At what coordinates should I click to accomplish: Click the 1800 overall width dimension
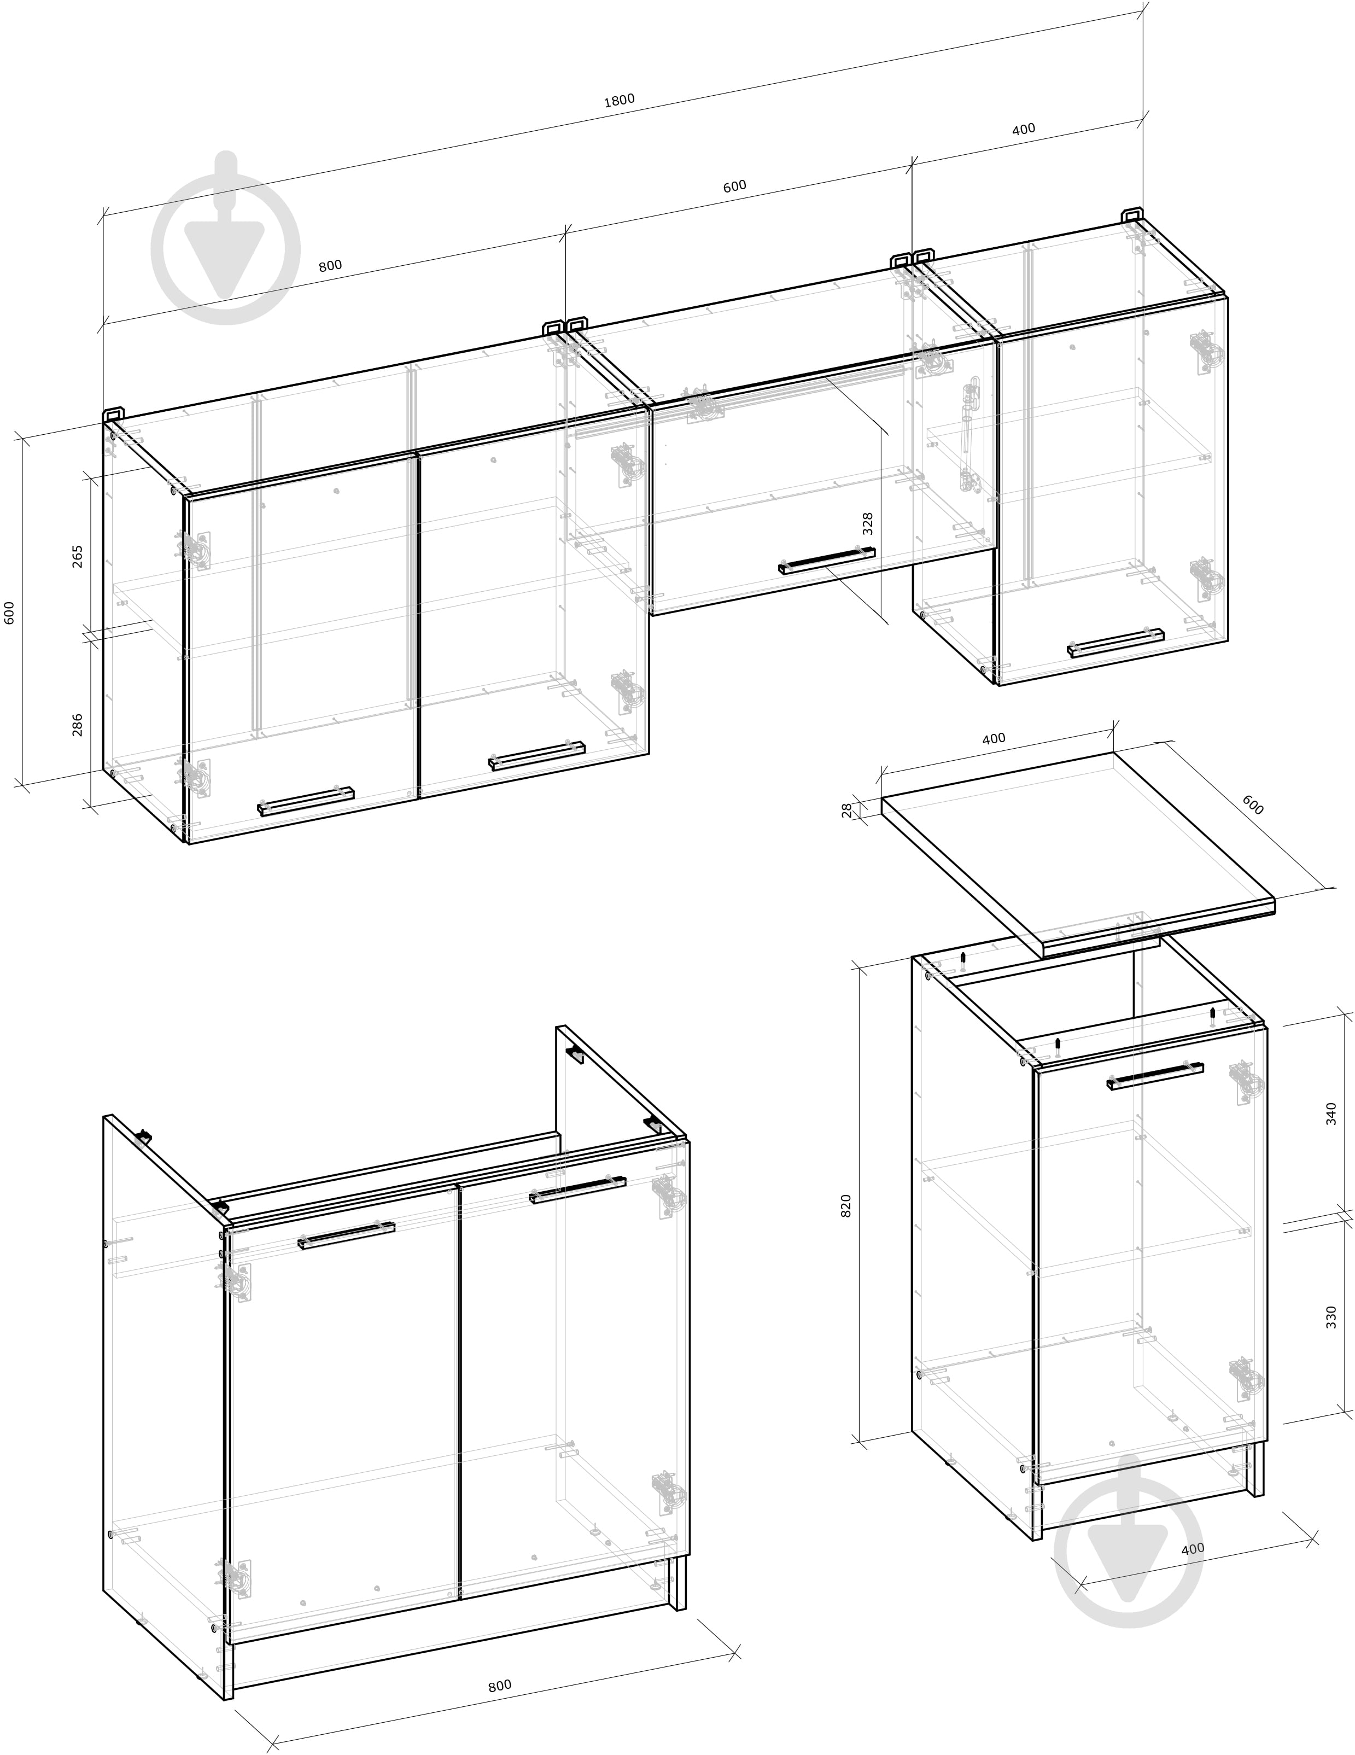(619, 100)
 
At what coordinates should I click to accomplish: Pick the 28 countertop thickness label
(846, 810)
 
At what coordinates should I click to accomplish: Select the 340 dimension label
(1331, 1113)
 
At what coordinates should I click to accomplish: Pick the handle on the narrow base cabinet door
(1155, 1076)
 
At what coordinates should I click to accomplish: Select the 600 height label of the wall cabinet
(10, 613)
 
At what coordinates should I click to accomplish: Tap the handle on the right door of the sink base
(577, 1190)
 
